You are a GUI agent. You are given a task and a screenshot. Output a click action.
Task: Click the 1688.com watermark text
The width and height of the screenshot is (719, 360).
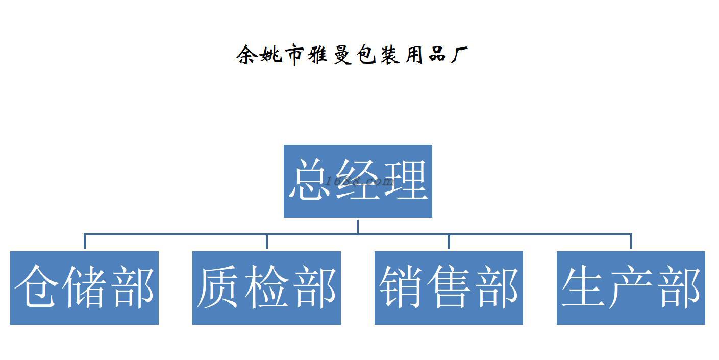360,181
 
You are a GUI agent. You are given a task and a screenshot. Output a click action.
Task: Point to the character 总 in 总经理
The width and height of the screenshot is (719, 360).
311,180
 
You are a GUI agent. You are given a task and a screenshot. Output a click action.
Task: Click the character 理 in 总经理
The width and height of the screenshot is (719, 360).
406,180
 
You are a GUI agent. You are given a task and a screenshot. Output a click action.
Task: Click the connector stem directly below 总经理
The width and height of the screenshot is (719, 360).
357,226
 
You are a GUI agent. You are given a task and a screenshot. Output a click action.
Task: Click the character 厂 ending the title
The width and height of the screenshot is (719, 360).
458,55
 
